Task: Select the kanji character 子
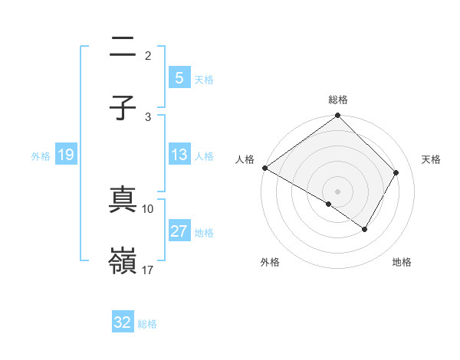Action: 123,107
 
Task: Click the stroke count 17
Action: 148,270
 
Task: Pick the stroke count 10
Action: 148,208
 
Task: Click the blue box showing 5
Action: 179,78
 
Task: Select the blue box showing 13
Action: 179,155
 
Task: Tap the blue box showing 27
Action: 179,231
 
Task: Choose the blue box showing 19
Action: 65,155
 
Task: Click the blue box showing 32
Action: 123,322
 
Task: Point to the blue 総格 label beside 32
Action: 147,323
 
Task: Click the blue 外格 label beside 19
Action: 41,156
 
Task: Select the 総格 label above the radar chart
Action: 338,100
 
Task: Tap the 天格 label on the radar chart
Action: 432,159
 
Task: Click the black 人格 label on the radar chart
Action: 245,159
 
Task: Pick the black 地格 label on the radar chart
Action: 402,262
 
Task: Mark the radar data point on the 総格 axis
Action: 338,116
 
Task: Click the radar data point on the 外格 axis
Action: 329,204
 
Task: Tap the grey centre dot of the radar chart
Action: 338,191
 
